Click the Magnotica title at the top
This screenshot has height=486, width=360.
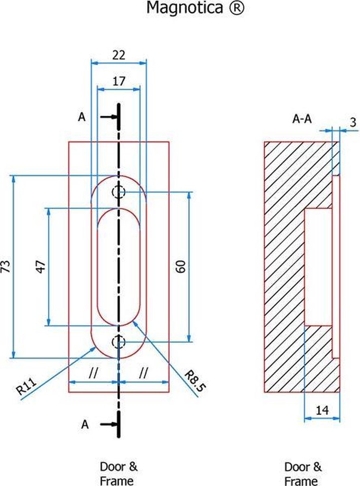(195, 8)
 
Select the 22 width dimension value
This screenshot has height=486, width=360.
(119, 55)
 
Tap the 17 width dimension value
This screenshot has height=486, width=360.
(119, 81)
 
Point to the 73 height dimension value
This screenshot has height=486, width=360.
(6, 266)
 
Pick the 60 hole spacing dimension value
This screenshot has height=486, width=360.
(181, 266)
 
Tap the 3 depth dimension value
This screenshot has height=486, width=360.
(353, 122)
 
